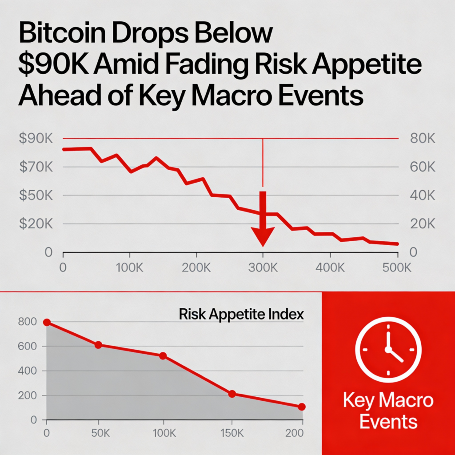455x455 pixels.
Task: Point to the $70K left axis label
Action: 36,168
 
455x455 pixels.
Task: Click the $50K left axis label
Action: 36,196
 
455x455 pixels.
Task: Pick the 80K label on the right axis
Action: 420,139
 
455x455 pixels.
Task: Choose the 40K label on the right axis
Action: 420,196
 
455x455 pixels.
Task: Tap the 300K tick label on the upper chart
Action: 263,268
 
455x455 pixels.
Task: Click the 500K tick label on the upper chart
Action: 397,268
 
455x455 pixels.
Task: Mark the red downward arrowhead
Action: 263,236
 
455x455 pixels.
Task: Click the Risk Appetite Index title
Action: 241,315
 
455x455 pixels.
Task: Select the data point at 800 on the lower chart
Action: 47,322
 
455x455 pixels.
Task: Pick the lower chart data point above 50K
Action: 98,345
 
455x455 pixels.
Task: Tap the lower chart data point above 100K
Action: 163,356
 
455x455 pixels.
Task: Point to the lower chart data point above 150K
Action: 231,394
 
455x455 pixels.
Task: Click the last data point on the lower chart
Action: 302,407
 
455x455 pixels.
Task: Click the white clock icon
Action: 388,349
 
